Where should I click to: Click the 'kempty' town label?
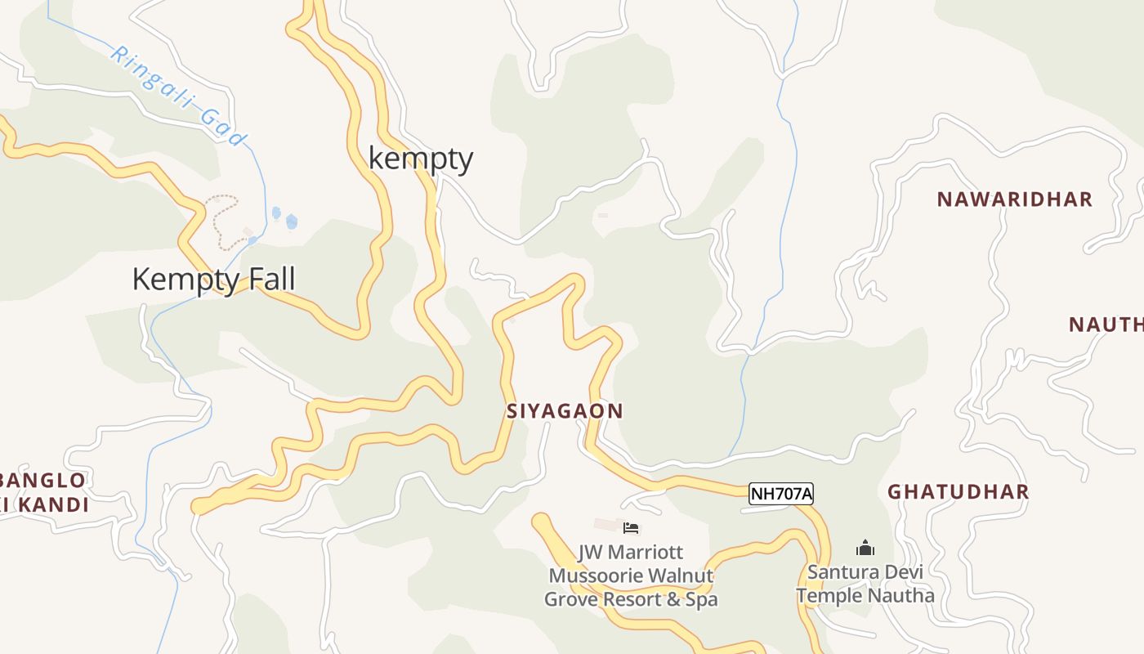[x=421, y=158]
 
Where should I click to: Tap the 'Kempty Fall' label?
[x=213, y=280]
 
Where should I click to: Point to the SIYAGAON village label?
[x=565, y=411]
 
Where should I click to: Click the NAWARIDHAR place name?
[x=1014, y=199]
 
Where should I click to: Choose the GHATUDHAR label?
[x=958, y=492]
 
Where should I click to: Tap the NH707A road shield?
[x=781, y=494]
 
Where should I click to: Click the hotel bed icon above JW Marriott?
[x=631, y=528]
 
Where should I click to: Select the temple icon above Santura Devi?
[x=865, y=548]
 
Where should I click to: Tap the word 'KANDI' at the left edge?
[x=53, y=505]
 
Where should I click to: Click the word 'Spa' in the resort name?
[x=702, y=599]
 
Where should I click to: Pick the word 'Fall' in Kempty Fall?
[x=270, y=280]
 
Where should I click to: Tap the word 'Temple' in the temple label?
[x=829, y=596]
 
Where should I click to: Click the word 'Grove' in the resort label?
[x=571, y=599]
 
